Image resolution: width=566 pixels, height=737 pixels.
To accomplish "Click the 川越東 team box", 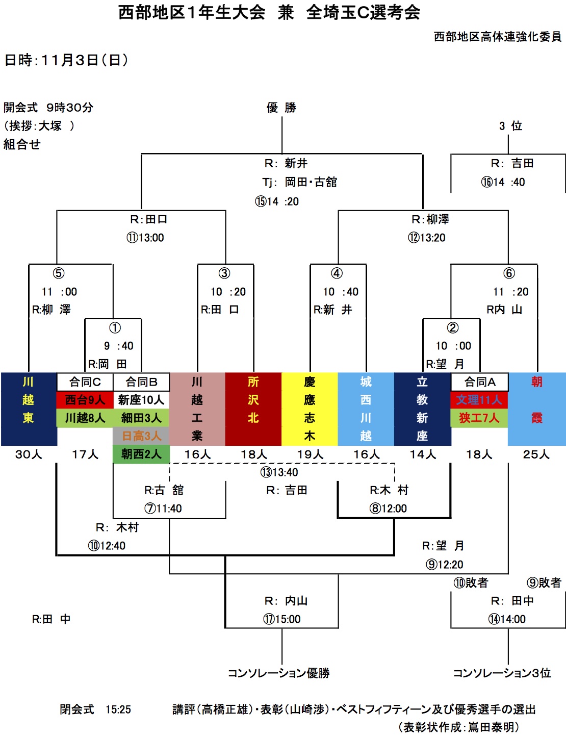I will click(29, 409).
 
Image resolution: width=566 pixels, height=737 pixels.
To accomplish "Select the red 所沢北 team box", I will click(253, 409).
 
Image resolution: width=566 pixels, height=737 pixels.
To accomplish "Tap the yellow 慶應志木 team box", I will click(310, 409).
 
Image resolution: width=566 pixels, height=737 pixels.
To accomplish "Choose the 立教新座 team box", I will click(422, 409).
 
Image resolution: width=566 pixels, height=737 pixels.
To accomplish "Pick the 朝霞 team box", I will click(536, 409).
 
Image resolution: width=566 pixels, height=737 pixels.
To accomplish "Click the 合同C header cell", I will click(85, 382).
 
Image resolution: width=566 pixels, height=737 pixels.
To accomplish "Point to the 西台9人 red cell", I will click(85, 400).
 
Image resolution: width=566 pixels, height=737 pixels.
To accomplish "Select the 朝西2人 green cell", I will click(141, 454).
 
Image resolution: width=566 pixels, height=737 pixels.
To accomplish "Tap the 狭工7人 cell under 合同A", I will click(479, 418).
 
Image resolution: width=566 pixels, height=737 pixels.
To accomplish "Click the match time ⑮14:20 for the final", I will click(277, 201).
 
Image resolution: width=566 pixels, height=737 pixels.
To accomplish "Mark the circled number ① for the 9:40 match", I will click(115, 327).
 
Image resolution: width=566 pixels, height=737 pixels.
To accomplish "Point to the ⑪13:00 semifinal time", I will click(145, 238).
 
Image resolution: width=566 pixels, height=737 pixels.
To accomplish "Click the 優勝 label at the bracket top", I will click(281, 108).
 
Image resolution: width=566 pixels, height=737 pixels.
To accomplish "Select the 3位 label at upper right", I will click(510, 126).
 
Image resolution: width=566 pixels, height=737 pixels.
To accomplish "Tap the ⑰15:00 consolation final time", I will click(282, 619).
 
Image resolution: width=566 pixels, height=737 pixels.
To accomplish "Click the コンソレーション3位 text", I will click(502, 673).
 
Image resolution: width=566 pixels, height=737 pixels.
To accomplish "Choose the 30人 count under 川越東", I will click(29, 454).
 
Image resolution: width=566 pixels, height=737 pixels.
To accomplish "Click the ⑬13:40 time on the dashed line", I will click(279, 472).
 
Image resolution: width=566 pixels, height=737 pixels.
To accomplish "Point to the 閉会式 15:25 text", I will click(95, 709).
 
